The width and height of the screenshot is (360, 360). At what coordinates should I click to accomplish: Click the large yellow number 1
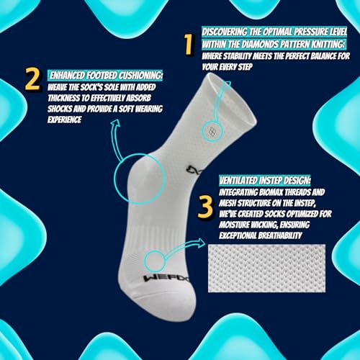[x=189, y=45]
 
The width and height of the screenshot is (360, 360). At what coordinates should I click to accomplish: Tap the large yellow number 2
[x=32, y=80]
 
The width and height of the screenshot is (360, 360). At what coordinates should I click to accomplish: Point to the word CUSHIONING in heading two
[x=140, y=75]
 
